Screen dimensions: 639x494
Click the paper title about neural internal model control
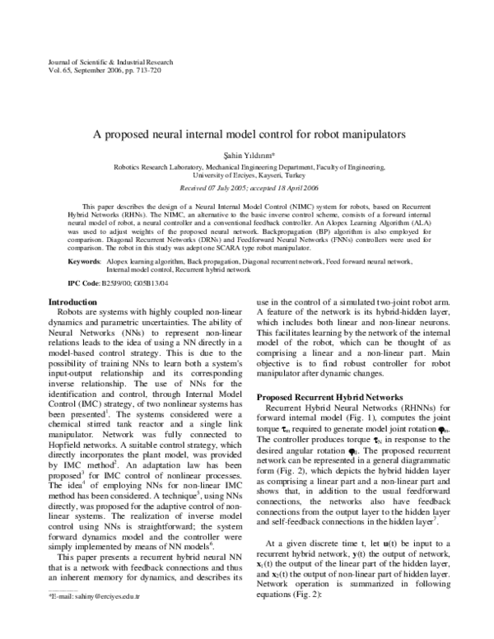(247, 132)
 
